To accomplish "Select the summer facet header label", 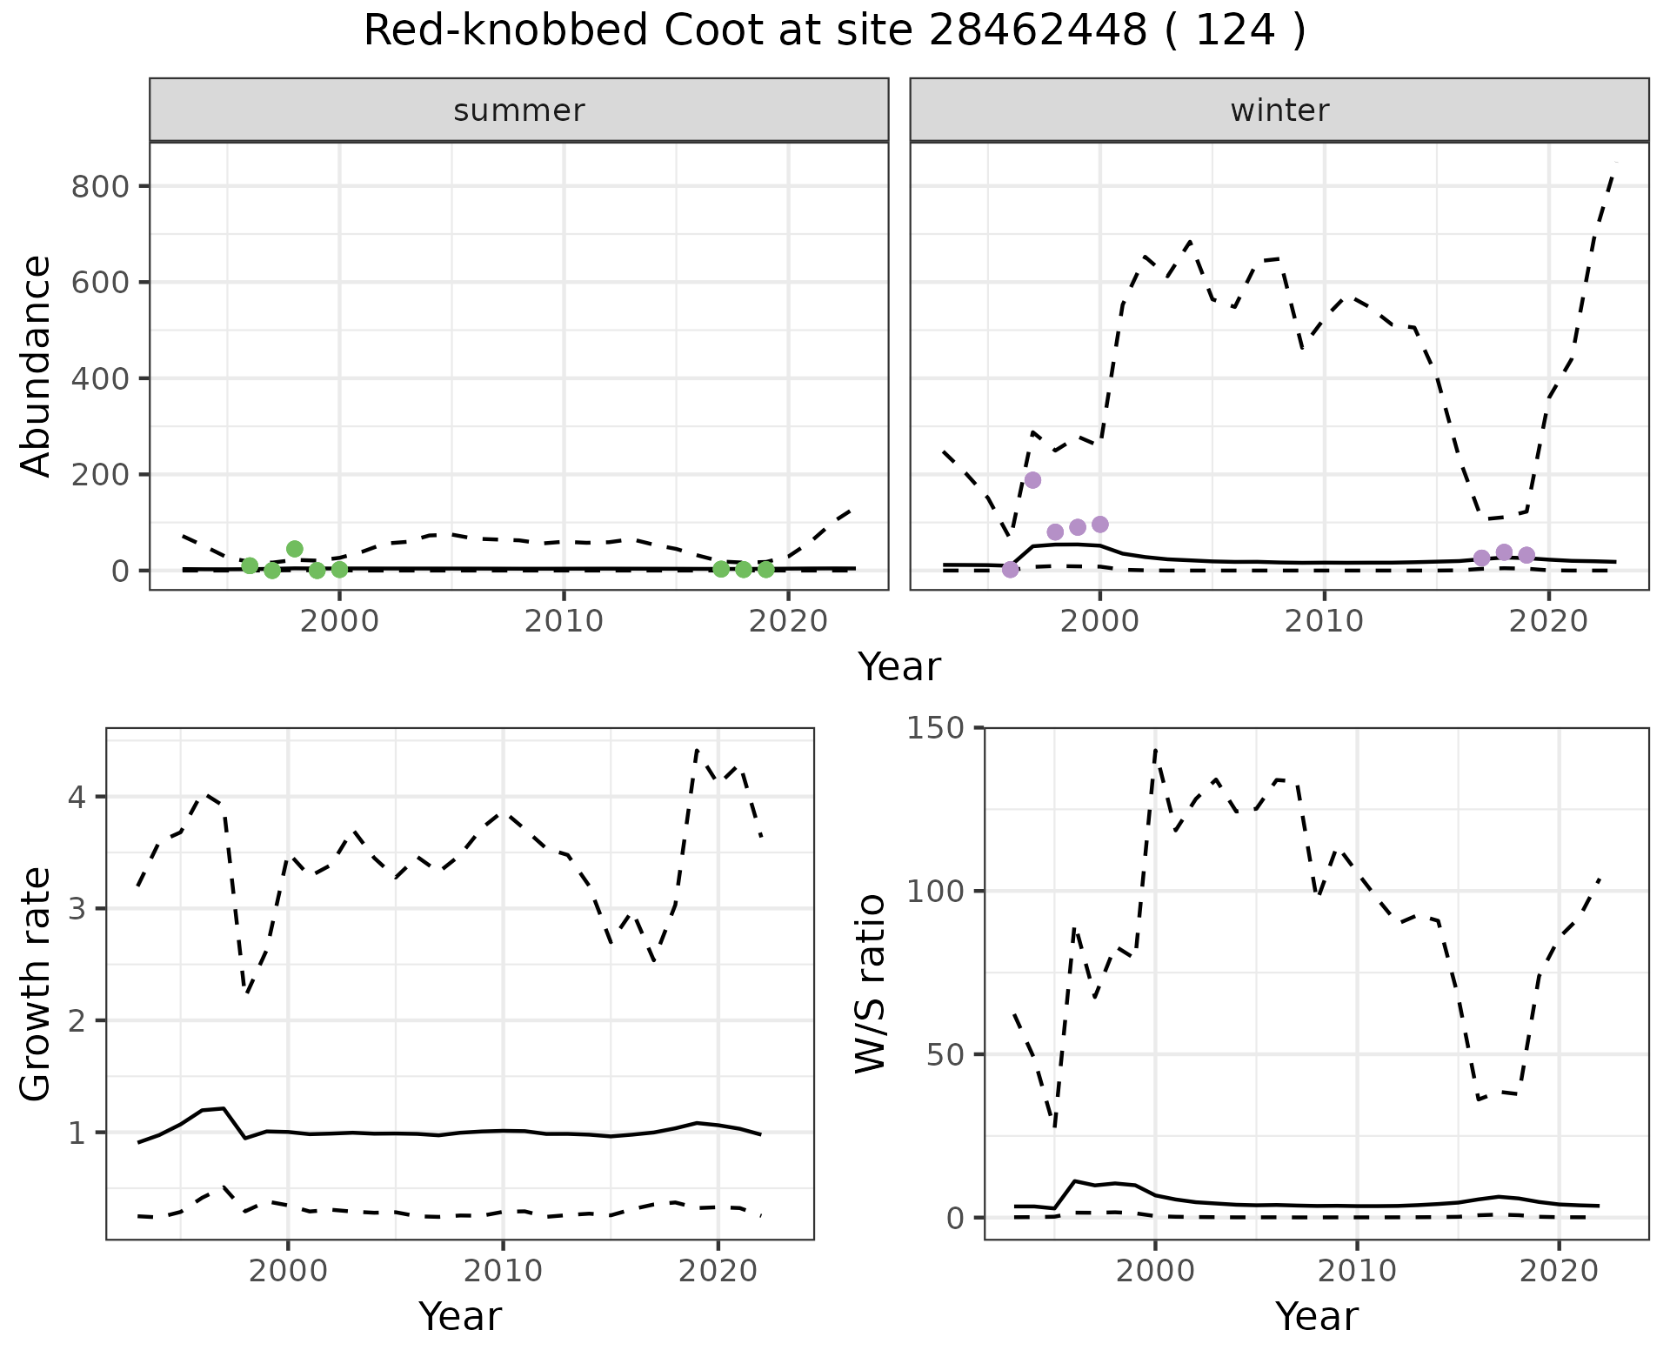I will [518, 110].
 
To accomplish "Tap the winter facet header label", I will [1279, 110].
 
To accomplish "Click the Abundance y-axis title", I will [37, 365].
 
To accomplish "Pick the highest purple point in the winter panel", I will [1032, 480].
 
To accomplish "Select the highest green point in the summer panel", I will [294, 549].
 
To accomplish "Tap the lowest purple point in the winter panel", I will [1010, 570].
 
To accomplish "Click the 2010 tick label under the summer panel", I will [564, 621].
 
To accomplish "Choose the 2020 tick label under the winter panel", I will [1548, 621].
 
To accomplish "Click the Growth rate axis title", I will [37, 983].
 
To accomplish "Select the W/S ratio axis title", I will [870, 983].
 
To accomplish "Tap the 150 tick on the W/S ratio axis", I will [936, 727].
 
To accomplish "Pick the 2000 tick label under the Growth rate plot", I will [288, 1271].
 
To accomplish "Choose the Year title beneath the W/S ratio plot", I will [1316, 1316].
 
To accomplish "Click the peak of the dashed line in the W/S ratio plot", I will [1155, 748].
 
